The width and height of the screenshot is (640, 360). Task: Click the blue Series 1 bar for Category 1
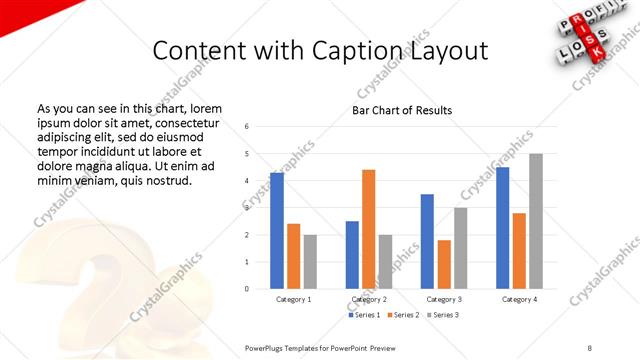(x=277, y=231)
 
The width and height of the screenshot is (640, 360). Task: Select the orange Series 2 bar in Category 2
(x=368, y=229)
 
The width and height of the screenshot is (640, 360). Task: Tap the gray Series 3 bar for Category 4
(x=536, y=221)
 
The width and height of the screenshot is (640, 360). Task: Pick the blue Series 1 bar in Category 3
(x=427, y=241)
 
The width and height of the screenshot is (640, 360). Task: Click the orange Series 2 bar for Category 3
(x=444, y=264)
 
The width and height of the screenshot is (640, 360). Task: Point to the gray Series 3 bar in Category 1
(x=310, y=262)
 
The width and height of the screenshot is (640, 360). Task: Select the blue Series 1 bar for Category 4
(x=502, y=228)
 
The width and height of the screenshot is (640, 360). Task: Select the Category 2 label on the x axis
(x=369, y=299)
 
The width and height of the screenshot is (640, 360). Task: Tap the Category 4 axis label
(x=519, y=299)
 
